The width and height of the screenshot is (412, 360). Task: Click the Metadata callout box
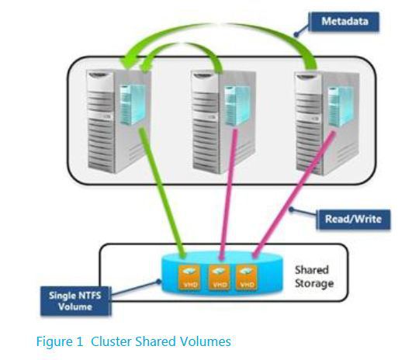344,22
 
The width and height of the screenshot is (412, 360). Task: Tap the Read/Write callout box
353,220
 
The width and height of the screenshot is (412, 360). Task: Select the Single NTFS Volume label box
75,301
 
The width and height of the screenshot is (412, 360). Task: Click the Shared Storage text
314,277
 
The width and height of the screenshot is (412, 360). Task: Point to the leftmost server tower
119,121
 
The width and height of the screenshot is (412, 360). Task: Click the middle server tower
224,121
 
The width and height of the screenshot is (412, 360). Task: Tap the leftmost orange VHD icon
189,278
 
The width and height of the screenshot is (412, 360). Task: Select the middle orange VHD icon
219,278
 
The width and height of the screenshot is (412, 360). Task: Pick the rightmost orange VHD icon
247,278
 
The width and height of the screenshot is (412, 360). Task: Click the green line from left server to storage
162,192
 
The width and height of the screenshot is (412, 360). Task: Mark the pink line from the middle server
229,194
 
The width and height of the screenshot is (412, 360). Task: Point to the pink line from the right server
294,195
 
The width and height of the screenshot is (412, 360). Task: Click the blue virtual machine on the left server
133,105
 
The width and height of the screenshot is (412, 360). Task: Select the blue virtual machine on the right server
341,107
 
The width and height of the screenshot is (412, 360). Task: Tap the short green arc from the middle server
184,44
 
